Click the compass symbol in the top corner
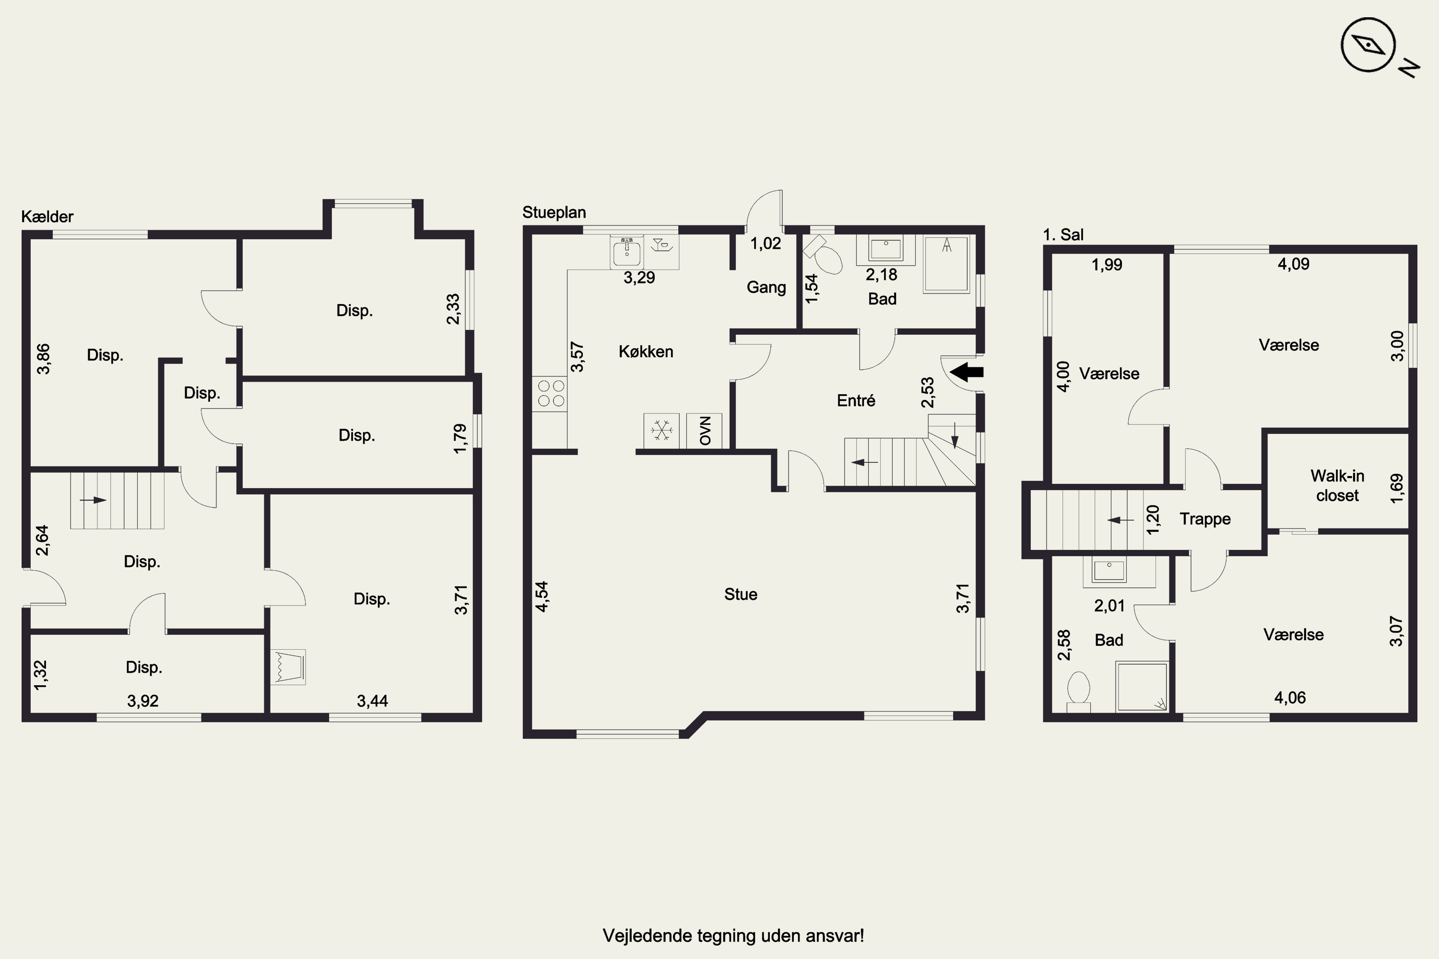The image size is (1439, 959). click(x=1368, y=45)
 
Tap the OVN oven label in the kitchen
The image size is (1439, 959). click(x=705, y=431)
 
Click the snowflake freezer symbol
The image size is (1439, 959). click(x=661, y=430)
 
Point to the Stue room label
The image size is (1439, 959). click(x=740, y=594)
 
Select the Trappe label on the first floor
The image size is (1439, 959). click(x=1204, y=519)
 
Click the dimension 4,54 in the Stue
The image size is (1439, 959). click(x=542, y=596)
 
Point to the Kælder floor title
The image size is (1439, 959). click(x=47, y=217)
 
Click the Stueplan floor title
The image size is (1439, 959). click(x=554, y=213)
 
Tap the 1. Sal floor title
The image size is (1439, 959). click(x=1063, y=234)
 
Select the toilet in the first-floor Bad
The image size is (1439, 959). click(x=1079, y=692)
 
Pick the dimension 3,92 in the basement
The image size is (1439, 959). click(x=142, y=701)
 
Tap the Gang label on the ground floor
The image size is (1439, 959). click(x=766, y=287)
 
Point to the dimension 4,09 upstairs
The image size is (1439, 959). click(x=1293, y=264)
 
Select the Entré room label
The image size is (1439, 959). click(x=856, y=400)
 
